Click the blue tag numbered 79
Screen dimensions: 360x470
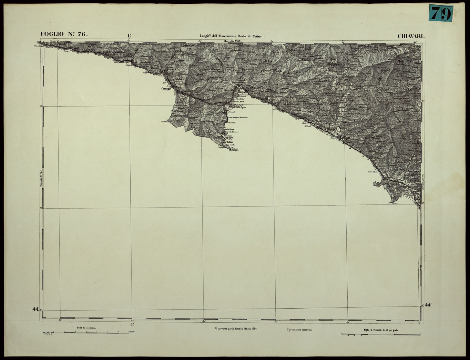coord(441,14)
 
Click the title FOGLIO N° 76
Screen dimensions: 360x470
coord(64,34)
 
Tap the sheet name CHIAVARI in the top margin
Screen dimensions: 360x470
coord(412,36)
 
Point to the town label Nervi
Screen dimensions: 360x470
coord(67,52)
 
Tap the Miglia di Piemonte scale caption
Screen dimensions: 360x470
coord(381,330)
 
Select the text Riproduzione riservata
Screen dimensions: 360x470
coord(299,330)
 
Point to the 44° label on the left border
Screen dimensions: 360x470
coord(35,309)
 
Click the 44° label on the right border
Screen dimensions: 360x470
coord(429,304)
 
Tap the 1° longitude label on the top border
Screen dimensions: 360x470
coord(130,36)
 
